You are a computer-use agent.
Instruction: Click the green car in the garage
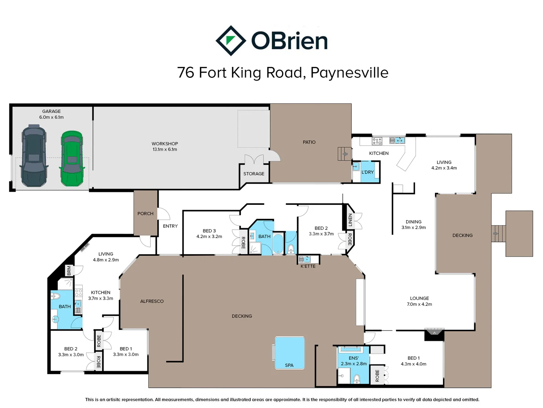coord(72,159)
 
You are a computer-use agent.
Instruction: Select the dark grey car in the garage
coord(34,156)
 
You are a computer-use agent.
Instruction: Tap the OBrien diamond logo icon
coord(231,41)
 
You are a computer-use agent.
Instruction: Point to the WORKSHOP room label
coord(165,144)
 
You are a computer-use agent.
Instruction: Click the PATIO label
coord(309,142)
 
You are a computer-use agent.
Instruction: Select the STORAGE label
coord(254,174)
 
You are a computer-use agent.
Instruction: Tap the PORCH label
coord(145,213)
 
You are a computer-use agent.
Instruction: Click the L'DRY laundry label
coord(368,172)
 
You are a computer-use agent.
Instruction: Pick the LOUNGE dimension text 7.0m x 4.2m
coord(419,304)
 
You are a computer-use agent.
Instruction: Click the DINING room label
coord(414,222)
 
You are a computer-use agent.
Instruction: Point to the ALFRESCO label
coord(152,301)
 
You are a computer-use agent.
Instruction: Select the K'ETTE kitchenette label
coord(308,266)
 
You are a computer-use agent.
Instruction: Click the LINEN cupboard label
coord(350,220)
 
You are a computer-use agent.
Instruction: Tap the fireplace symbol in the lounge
coord(434,334)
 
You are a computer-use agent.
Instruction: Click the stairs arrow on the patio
coord(345,154)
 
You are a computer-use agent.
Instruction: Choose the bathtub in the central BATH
coord(278,244)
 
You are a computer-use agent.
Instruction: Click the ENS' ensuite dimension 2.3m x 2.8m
coord(354,364)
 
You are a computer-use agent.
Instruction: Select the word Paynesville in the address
coord(349,73)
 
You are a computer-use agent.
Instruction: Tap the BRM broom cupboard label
coord(69,270)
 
